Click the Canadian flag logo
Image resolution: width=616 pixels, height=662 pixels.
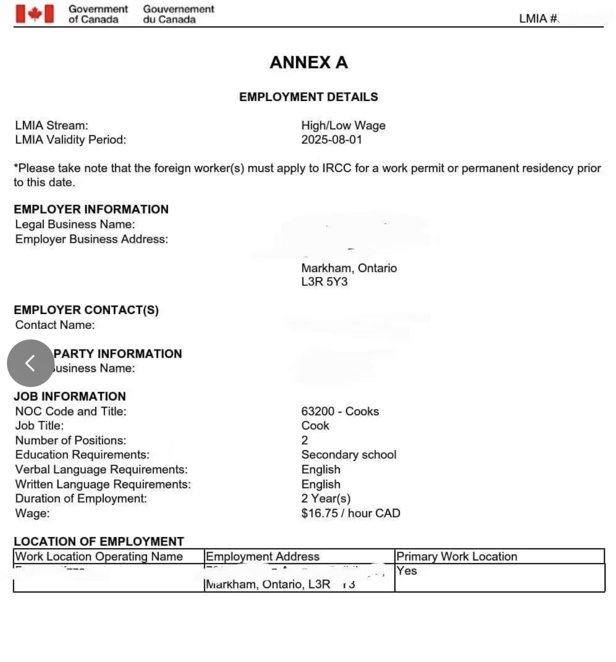(x=34, y=14)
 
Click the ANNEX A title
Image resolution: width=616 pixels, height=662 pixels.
(x=308, y=62)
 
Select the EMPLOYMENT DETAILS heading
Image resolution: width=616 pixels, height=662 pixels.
(x=308, y=97)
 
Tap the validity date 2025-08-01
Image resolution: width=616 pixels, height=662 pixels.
(x=331, y=140)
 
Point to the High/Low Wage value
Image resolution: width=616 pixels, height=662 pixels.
(x=343, y=126)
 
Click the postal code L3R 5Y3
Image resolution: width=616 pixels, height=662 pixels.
(x=324, y=282)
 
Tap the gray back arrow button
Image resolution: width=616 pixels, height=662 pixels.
(x=30, y=363)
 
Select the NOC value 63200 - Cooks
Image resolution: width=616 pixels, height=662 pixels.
(x=340, y=411)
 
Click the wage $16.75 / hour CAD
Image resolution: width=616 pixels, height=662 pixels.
(x=350, y=513)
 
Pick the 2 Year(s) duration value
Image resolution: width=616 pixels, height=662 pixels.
(x=326, y=498)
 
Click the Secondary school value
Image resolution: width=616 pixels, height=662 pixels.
(x=349, y=455)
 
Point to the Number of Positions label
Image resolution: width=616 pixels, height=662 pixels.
(x=70, y=441)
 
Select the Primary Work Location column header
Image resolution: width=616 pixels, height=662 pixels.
(x=456, y=556)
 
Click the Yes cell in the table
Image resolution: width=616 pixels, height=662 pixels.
(x=407, y=571)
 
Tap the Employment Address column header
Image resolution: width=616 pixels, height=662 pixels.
(x=262, y=556)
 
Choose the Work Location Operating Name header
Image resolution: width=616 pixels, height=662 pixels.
(x=99, y=556)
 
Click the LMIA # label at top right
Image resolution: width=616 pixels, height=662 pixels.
(x=539, y=19)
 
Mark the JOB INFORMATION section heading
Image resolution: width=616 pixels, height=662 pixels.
(x=70, y=396)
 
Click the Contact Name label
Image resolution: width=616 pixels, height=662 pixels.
(x=55, y=325)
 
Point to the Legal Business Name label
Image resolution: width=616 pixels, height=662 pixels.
(x=75, y=224)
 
